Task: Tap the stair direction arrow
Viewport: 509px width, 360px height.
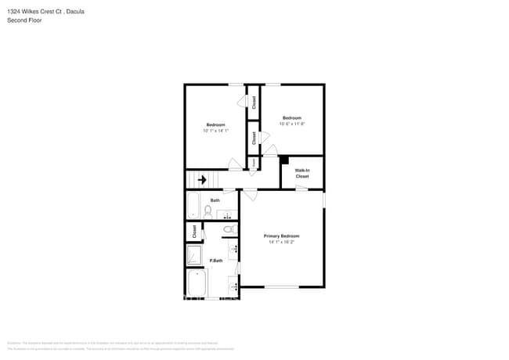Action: [x=202, y=180]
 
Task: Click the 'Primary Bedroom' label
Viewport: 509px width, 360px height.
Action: [x=282, y=236]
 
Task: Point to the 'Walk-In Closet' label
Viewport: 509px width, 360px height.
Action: [x=301, y=173]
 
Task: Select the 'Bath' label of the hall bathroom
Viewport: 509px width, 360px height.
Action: [x=215, y=200]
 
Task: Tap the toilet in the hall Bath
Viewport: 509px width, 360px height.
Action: [x=208, y=211]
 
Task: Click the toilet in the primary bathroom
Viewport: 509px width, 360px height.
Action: [x=229, y=229]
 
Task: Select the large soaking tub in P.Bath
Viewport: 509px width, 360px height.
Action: [x=197, y=284]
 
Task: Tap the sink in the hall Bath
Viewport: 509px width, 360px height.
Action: [x=232, y=213]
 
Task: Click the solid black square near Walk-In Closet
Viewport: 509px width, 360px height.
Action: [x=284, y=160]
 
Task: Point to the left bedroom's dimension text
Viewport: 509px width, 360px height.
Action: [x=215, y=131]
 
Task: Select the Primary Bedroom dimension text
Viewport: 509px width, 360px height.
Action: [x=282, y=242]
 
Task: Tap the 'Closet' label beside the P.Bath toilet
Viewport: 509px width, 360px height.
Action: [x=194, y=232]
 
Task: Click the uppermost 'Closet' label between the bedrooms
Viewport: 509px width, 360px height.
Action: [x=253, y=101]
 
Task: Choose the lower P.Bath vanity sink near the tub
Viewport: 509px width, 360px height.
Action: [x=233, y=286]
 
